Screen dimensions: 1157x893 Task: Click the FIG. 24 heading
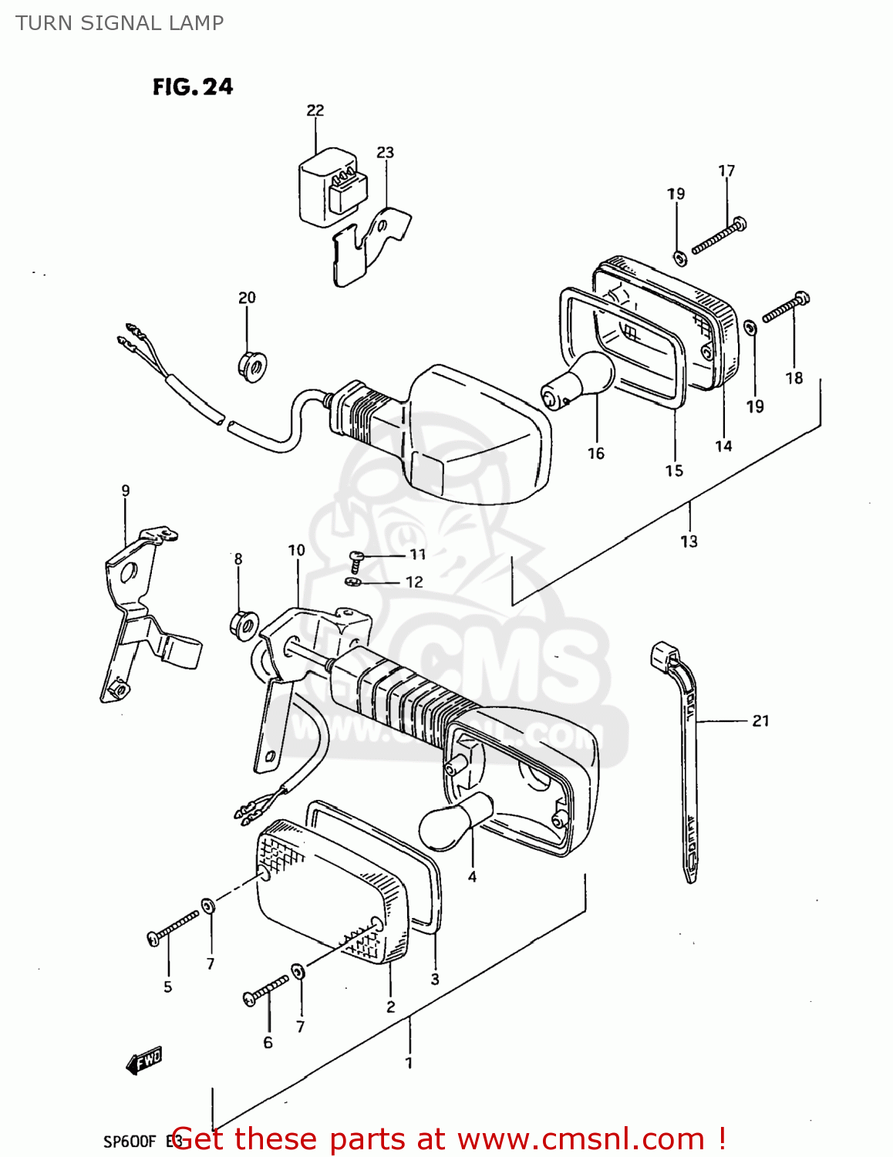click(x=192, y=86)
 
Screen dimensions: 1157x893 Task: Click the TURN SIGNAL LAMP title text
click(x=120, y=23)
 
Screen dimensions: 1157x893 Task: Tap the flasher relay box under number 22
click(x=332, y=187)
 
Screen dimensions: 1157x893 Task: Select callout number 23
click(x=385, y=153)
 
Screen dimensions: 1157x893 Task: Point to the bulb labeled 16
click(x=579, y=378)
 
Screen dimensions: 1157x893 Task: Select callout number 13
click(x=689, y=541)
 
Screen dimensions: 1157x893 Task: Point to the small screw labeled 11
click(x=355, y=557)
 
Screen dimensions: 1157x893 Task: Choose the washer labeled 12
click(x=352, y=581)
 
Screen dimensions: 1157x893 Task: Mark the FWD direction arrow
click(x=144, y=1061)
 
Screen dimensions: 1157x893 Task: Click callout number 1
click(x=409, y=1063)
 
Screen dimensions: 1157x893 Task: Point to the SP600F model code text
click(x=130, y=1141)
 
